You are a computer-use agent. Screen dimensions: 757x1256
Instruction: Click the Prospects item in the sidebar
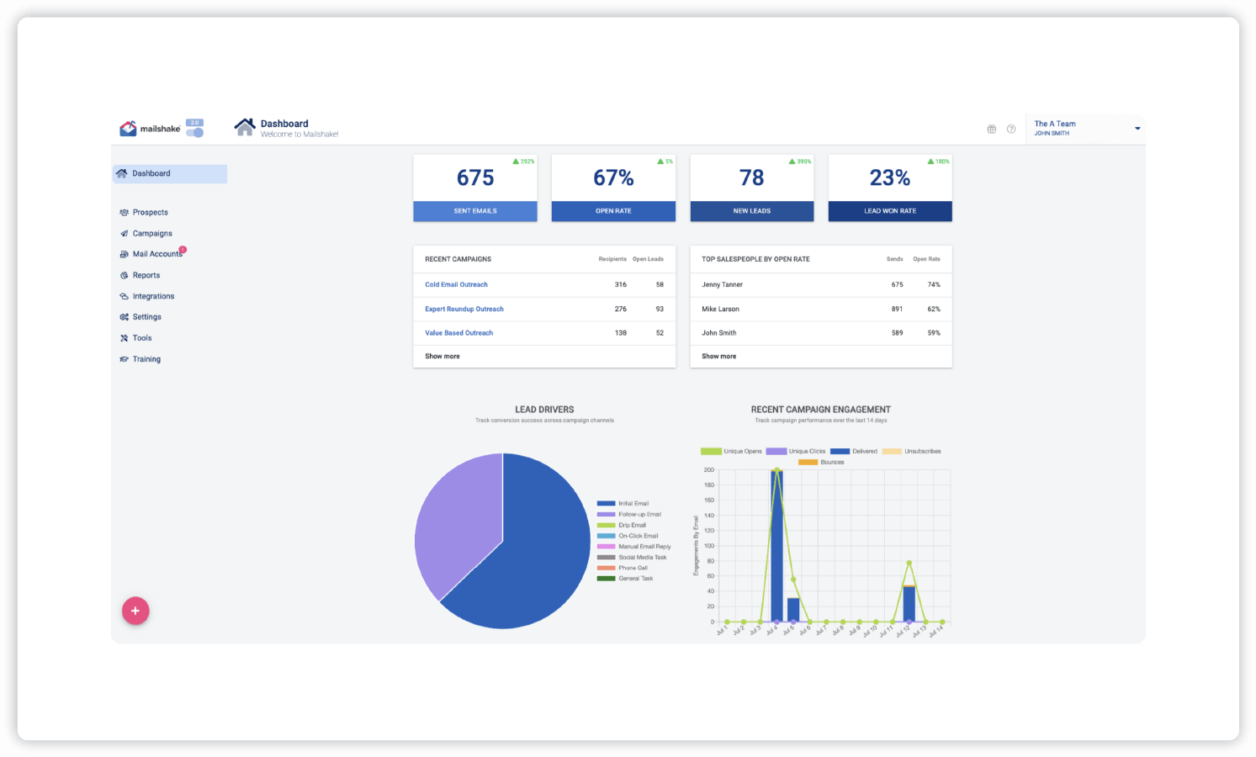point(150,213)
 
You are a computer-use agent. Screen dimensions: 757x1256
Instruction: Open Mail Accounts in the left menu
point(156,254)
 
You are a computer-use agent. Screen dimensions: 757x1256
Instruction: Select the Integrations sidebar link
point(153,296)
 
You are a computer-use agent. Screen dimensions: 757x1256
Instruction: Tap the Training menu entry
point(146,359)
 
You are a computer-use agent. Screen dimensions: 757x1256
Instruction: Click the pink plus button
point(135,611)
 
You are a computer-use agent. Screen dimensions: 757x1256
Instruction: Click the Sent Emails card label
point(475,211)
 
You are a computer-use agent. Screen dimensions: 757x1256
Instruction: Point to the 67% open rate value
point(613,177)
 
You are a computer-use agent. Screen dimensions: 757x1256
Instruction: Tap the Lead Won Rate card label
point(890,211)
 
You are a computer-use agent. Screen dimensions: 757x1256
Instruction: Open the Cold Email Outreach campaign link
point(456,284)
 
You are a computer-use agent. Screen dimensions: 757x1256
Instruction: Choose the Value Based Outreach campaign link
point(458,333)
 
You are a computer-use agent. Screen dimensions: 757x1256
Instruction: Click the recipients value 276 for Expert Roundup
point(621,309)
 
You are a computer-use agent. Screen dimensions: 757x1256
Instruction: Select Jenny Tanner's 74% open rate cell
point(934,284)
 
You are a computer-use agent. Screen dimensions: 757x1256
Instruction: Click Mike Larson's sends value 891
point(897,309)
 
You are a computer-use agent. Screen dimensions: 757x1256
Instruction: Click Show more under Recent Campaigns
point(443,357)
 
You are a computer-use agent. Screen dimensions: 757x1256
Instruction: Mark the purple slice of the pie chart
point(454,521)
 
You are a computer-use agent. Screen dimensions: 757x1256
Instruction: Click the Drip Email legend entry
point(632,525)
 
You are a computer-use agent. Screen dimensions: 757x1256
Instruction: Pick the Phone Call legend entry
point(633,568)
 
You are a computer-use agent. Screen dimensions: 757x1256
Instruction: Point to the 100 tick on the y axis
point(709,546)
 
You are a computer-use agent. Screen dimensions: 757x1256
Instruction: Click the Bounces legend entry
point(831,463)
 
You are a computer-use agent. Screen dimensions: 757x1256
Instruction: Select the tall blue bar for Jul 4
point(776,547)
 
